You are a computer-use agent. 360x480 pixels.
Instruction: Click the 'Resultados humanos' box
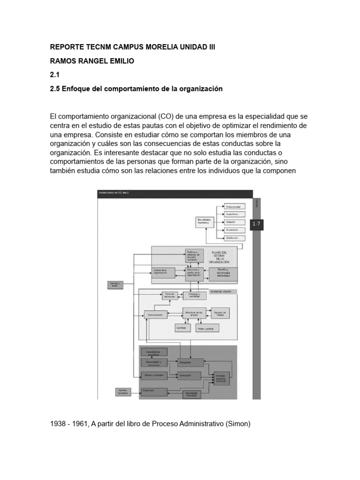tap(205, 222)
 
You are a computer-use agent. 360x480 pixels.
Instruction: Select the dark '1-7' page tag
tap(256, 225)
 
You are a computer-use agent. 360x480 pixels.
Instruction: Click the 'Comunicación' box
tap(155, 315)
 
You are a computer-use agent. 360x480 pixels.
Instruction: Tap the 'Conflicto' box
tap(181, 328)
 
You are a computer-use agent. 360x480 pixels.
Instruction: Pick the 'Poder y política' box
tap(205, 329)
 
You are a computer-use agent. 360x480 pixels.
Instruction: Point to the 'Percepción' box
tap(190, 362)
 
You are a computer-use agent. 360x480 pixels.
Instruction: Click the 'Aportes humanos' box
tap(124, 390)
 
